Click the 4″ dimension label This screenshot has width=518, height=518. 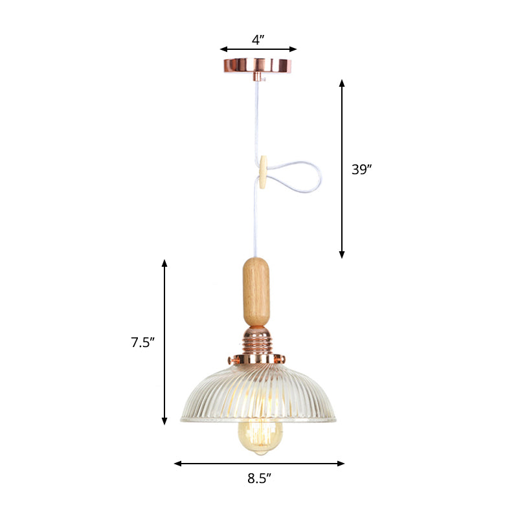tap(258, 39)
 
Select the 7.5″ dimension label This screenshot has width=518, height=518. tap(142, 343)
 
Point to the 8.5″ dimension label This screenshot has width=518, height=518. tap(259, 479)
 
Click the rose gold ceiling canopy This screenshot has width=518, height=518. tap(258, 65)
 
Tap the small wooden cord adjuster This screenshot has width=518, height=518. tap(262, 172)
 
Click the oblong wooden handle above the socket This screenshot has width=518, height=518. tap(256, 293)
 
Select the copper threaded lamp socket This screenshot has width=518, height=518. tap(257, 342)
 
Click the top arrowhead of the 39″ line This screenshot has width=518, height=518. tap(342, 82)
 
